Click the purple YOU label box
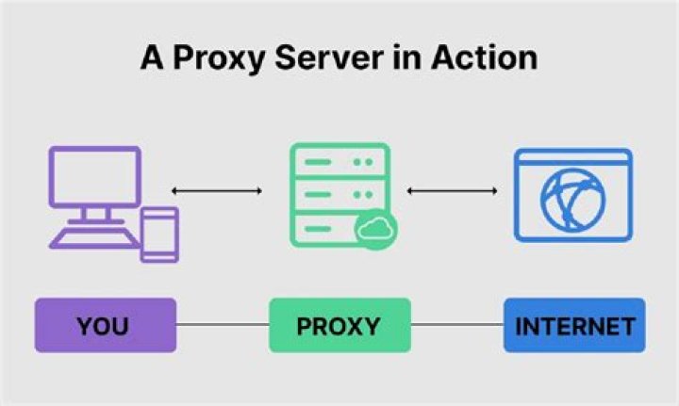pyautogui.click(x=105, y=326)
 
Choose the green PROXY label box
pyautogui.click(x=339, y=326)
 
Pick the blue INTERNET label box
pyautogui.click(x=573, y=326)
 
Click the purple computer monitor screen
pyautogui.click(x=95, y=176)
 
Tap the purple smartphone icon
pyautogui.click(x=158, y=233)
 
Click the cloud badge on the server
pyautogui.click(x=376, y=229)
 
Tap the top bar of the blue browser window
pyautogui.click(x=573, y=157)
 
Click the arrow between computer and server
pyautogui.click(x=216, y=192)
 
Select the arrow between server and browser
pyautogui.click(x=452, y=192)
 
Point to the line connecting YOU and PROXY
pyautogui.click(x=223, y=326)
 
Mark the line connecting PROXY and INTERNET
pyautogui.click(x=456, y=326)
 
